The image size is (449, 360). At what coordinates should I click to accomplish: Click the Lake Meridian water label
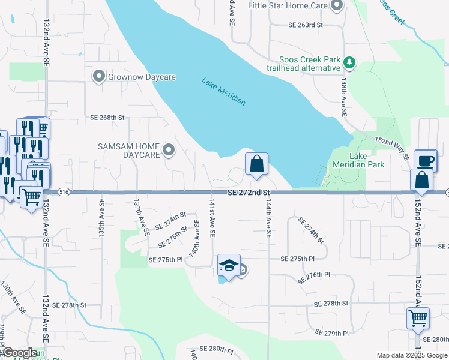[224, 91]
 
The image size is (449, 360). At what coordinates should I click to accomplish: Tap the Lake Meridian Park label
[367, 160]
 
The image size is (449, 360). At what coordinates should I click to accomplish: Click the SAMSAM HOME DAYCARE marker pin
[169, 151]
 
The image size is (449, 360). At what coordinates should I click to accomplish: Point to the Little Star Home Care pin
[336, 6]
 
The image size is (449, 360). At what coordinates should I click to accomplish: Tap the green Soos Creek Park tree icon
[348, 61]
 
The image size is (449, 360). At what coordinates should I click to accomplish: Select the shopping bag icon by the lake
[256, 163]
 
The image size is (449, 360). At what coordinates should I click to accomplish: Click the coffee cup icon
[425, 160]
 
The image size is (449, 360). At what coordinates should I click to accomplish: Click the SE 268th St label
[107, 118]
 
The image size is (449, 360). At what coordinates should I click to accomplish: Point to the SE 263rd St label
[306, 25]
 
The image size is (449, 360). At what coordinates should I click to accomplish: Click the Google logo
[20, 353]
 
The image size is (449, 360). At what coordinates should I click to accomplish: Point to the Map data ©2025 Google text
[411, 355]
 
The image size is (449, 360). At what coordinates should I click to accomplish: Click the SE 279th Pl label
[332, 333]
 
